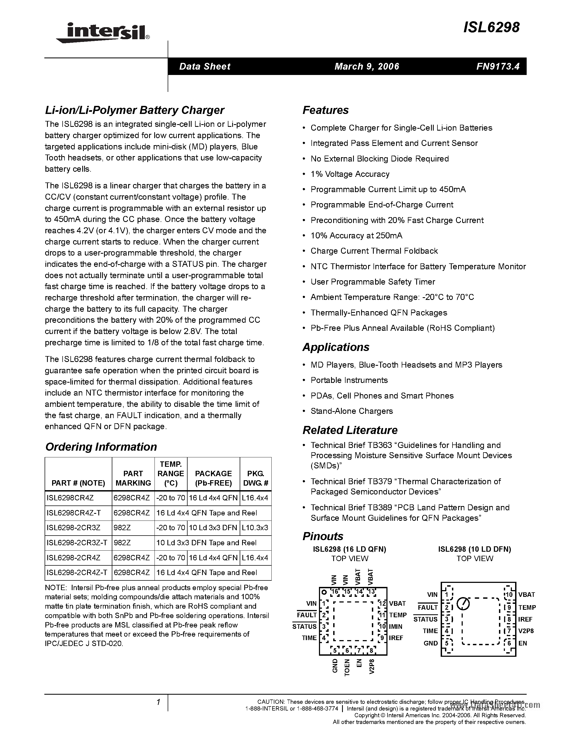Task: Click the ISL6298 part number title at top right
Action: click(491, 28)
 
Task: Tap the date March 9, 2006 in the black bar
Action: click(367, 66)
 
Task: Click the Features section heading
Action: click(325, 110)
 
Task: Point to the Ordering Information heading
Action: click(101, 447)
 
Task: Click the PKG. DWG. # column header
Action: click(255, 478)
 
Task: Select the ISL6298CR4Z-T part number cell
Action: click(74, 513)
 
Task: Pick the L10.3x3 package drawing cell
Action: click(255, 528)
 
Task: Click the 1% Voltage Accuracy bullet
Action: click(350, 174)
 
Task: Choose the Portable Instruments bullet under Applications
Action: click(349, 380)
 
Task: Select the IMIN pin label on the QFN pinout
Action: click(396, 626)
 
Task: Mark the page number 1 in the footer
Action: click(158, 702)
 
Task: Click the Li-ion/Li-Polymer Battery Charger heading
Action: click(134, 110)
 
